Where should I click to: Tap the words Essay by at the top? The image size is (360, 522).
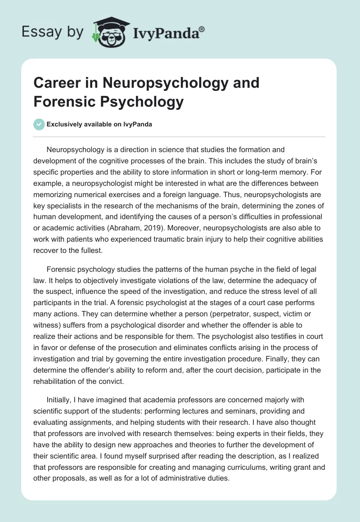coord(52,32)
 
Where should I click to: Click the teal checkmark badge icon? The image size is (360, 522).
coord(39,125)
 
